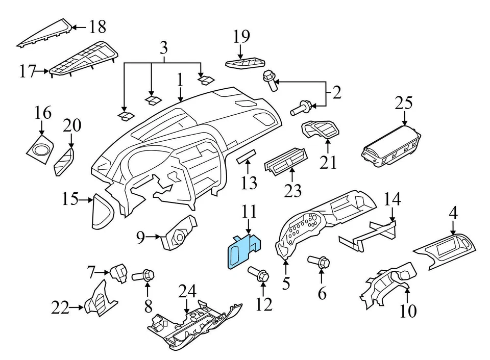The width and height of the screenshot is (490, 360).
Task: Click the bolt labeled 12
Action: tap(259, 275)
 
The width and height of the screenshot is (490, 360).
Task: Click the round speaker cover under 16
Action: tap(40, 148)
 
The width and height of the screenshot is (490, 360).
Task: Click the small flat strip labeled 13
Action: tap(246, 156)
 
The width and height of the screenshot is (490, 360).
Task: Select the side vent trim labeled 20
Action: tap(64, 163)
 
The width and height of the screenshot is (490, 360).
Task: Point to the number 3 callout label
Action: tap(163, 48)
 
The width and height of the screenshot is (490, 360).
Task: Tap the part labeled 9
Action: tap(179, 235)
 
